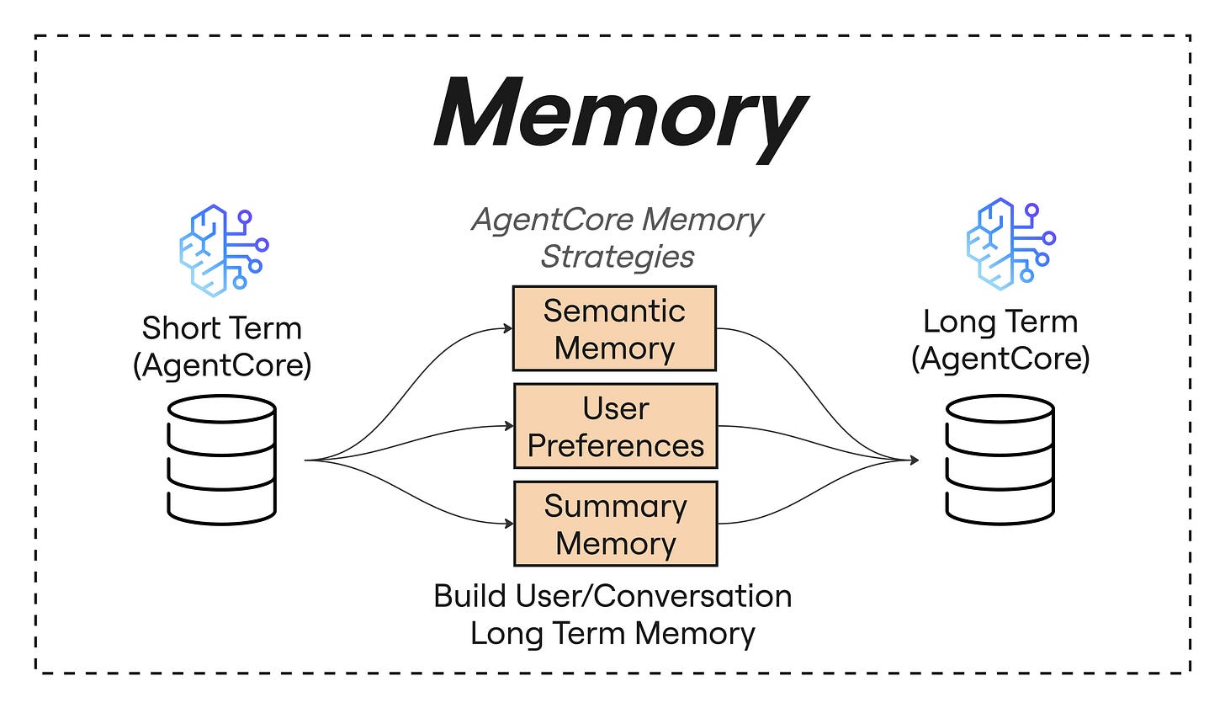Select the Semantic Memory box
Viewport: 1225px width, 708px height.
tap(614, 329)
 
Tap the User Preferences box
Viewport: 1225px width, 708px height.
tap(615, 427)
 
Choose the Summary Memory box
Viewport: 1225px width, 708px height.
tap(615, 524)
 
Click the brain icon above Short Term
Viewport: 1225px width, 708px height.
tap(223, 250)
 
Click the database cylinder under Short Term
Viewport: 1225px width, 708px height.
tap(222, 460)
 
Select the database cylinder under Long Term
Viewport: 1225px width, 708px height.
tap(1000, 460)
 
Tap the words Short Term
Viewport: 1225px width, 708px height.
tap(221, 327)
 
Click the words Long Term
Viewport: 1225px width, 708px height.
tap(1000, 321)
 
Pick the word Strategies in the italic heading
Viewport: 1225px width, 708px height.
tap(618, 256)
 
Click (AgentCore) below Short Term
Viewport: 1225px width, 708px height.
tap(222, 365)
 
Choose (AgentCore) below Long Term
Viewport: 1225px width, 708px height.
tap(1000, 359)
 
